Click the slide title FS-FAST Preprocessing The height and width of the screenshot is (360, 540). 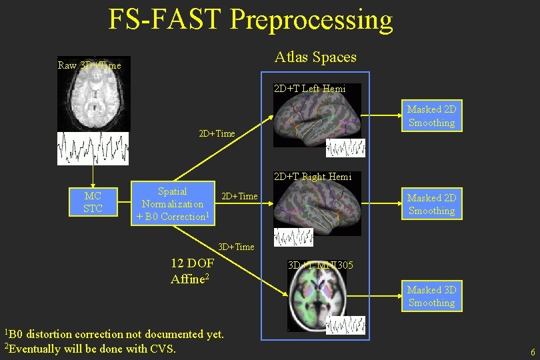tap(251, 20)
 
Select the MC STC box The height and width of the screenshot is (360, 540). tap(93, 203)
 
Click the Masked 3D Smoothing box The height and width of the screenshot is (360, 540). tap(431, 296)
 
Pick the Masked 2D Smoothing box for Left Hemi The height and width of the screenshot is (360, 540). tap(431, 116)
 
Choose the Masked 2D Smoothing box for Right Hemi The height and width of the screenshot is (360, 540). tap(431, 204)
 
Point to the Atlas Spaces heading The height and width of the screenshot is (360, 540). tap(315, 57)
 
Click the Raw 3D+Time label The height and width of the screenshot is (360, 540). tap(90, 65)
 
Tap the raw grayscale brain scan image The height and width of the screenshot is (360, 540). tap(93, 97)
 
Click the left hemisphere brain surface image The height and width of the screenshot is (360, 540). tap(317, 120)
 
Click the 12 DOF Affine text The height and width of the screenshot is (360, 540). tap(192, 271)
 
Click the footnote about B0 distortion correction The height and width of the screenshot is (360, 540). tap(114, 333)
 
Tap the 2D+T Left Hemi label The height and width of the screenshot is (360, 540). tap(309, 89)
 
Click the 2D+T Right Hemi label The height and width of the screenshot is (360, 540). tap(313, 177)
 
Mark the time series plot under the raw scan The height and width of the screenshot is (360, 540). tap(93, 148)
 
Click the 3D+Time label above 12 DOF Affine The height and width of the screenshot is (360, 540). tap(236, 247)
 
